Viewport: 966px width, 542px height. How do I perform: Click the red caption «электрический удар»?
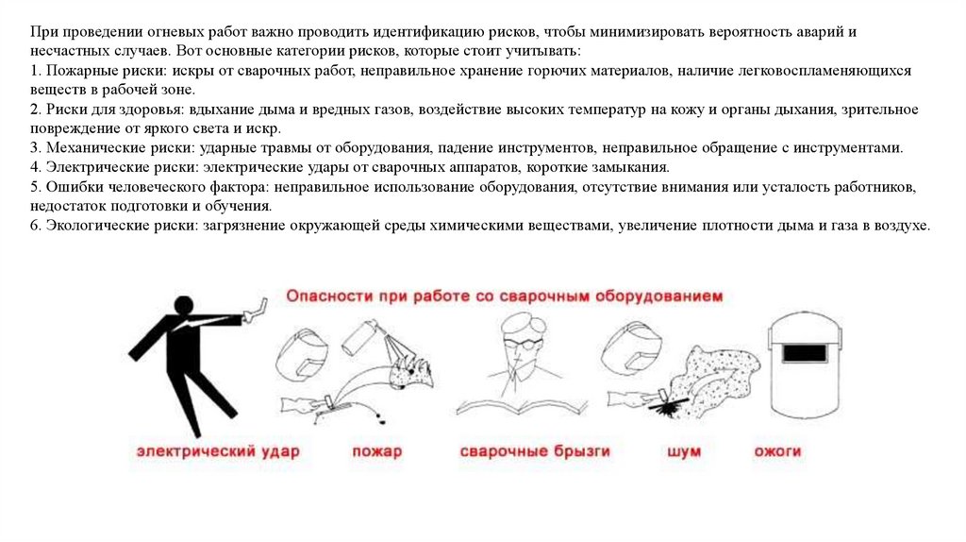tap(218, 451)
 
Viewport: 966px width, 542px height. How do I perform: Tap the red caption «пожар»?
tap(377, 452)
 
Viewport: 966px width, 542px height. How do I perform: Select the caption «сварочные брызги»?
tap(535, 451)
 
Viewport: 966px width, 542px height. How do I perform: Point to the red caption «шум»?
tap(684, 452)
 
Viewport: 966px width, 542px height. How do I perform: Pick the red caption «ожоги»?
tap(777, 451)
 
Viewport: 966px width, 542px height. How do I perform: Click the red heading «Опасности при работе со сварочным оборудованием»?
tap(504, 296)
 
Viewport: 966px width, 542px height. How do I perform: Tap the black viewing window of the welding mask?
tap(804, 354)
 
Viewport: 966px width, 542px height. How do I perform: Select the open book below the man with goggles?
tap(522, 407)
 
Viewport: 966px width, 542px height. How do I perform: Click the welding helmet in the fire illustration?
tap(303, 354)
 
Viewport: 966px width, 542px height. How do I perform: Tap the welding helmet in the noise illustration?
tap(631, 349)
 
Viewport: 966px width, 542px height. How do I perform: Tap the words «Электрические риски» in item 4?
tap(121, 167)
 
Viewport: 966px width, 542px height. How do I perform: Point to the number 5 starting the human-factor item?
tap(35, 187)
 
